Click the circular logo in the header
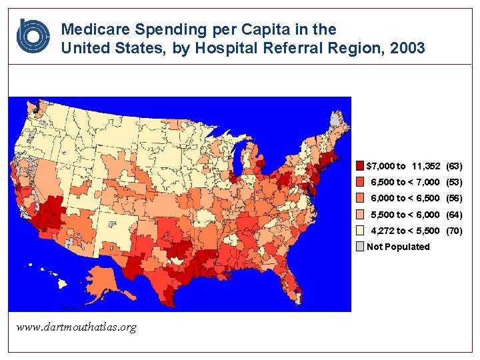(x=33, y=37)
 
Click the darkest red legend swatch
(x=360, y=165)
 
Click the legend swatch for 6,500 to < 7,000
(x=360, y=182)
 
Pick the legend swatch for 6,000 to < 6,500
(x=360, y=198)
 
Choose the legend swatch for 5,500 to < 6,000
(x=360, y=215)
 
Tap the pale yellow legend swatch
(x=360, y=231)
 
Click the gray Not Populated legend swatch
(x=360, y=247)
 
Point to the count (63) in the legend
(x=454, y=165)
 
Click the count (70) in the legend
(x=454, y=231)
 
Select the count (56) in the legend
(x=454, y=198)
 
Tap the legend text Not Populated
(x=399, y=247)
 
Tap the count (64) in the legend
(x=454, y=215)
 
